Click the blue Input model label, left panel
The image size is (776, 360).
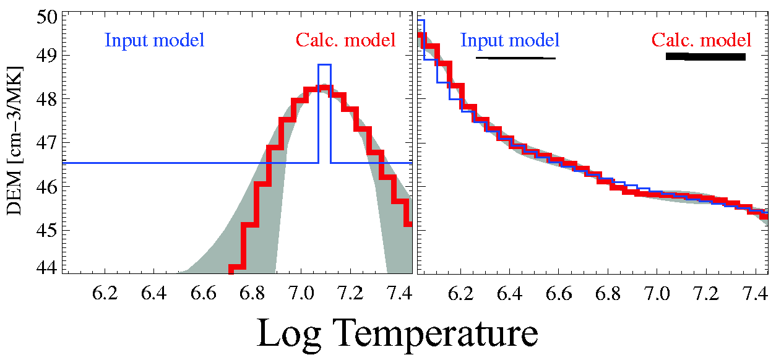click(x=155, y=41)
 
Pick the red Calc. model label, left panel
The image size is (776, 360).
click(x=345, y=41)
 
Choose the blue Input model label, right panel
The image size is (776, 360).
click(x=511, y=41)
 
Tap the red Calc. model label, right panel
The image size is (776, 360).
click(x=702, y=41)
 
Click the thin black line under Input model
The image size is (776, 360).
click(x=515, y=58)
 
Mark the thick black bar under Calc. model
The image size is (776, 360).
click(x=705, y=57)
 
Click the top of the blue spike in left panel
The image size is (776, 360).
click(x=325, y=64)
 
